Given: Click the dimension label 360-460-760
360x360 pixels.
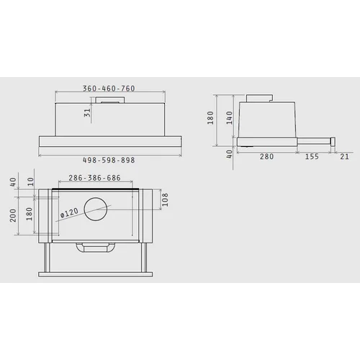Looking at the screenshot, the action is (109, 89).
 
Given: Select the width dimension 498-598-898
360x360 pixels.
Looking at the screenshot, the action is (109, 160).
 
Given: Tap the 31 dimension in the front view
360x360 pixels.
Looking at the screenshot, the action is (87, 112).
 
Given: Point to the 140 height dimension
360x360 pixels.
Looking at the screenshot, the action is (230, 117).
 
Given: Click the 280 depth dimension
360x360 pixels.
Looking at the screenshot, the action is (266, 156).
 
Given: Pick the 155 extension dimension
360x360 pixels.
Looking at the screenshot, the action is (312, 156).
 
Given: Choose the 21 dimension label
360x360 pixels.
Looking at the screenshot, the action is (344, 156).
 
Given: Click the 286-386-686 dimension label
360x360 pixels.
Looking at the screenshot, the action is (94, 178).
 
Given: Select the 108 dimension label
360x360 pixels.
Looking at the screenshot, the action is (165, 199).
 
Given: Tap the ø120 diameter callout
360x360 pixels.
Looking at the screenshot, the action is (69, 212).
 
